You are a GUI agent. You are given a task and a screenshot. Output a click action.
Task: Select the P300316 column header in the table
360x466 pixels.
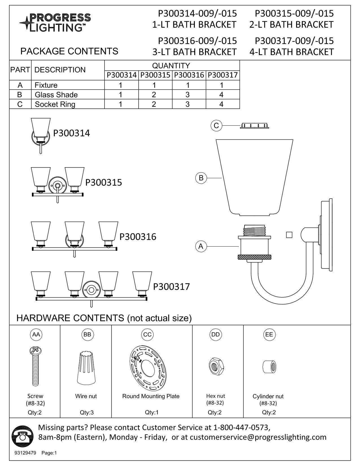[x=189, y=75]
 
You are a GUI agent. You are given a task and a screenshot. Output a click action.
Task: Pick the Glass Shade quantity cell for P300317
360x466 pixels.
[x=222, y=95]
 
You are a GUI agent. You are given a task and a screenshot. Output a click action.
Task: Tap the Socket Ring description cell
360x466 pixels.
[x=55, y=104]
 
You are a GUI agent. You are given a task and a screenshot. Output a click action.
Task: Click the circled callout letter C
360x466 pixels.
[x=216, y=125]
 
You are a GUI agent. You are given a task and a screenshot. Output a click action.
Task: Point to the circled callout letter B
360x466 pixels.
[x=201, y=178]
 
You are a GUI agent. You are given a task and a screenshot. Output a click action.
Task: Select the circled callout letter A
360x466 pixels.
[x=201, y=246]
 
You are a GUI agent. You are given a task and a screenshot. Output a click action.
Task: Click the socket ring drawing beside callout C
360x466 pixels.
[x=254, y=126]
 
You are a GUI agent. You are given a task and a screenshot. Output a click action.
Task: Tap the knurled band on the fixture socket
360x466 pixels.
[x=255, y=257]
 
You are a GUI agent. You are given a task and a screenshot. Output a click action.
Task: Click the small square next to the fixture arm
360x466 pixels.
[x=289, y=235]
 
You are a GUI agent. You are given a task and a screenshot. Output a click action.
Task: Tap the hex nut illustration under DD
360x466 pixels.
[x=215, y=366]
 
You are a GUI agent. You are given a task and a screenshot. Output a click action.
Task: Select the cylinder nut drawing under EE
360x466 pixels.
[x=269, y=367]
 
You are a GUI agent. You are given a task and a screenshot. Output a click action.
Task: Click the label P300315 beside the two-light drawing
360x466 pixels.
[x=104, y=182]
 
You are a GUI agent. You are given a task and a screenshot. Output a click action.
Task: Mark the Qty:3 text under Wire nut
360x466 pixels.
[x=86, y=412]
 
